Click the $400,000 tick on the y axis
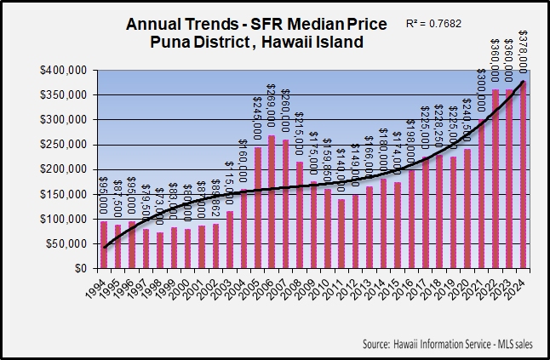pyautogui.click(x=66, y=69)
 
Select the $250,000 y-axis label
pyautogui.click(x=66, y=144)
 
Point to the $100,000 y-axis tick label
pyautogui.click(x=66, y=219)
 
